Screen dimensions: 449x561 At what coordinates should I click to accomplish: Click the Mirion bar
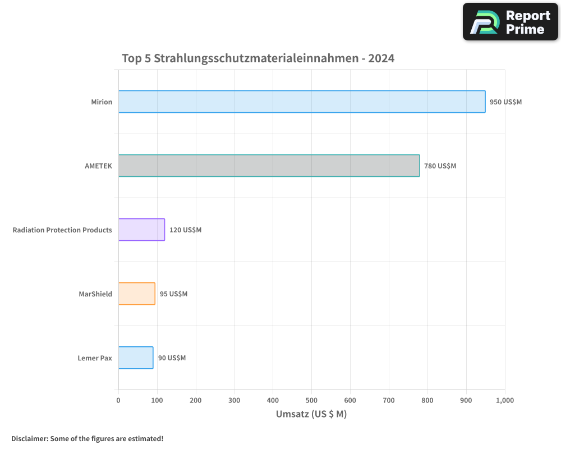pos(302,102)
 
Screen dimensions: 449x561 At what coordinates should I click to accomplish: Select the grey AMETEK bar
pos(269,166)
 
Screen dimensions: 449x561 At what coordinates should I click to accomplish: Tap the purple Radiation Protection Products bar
pos(141,230)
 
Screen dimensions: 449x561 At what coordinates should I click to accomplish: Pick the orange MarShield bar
pos(136,294)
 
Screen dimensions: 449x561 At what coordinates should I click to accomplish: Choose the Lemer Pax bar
pos(135,358)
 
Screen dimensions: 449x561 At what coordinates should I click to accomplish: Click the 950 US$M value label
pos(505,102)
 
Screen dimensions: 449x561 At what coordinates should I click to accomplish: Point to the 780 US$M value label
pos(440,166)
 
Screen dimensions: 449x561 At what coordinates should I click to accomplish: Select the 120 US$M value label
pos(185,230)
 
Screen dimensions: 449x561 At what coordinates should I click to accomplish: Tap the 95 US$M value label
pos(173,294)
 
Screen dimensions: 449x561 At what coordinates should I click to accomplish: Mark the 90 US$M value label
pos(172,358)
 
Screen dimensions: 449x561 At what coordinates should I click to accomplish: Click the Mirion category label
pos(102,102)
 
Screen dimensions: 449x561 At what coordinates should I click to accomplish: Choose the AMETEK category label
pos(98,166)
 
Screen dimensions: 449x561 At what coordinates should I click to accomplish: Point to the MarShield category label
pos(95,294)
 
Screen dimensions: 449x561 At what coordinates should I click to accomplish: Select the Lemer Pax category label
pos(95,358)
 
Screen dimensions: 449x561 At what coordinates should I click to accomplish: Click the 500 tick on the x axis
pos(311,400)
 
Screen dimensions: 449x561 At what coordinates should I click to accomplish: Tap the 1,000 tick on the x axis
pos(504,400)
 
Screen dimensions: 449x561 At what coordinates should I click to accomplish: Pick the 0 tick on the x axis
pos(118,400)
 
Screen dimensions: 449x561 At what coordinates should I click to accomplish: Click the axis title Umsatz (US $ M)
pos(311,414)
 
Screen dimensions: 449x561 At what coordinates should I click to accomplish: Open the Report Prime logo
pos(510,22)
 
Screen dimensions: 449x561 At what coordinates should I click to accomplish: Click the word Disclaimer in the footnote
pos(29,438)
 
